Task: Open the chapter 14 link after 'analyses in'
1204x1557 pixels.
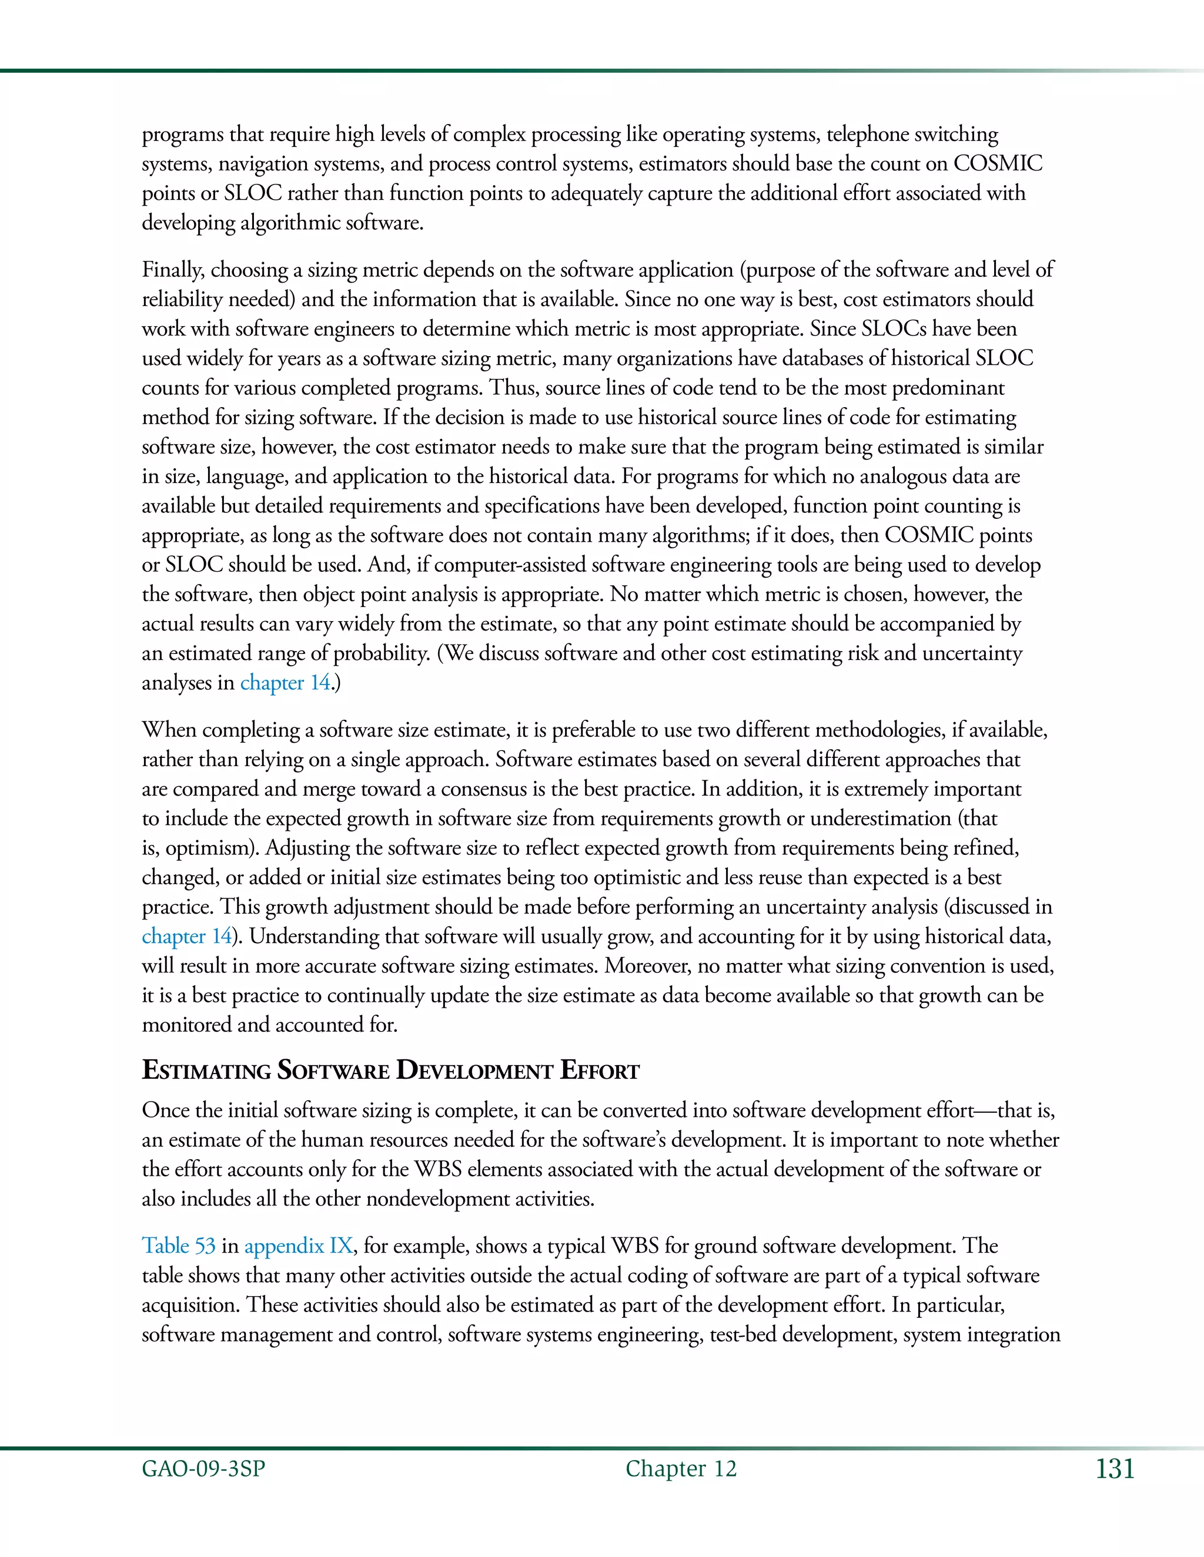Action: (x=285, y=683)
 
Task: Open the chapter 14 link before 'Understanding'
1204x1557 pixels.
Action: (x=187, y=936)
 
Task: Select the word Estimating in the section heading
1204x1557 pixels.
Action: (x=206, y=1071)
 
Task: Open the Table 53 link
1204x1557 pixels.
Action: (x=178, y=1246)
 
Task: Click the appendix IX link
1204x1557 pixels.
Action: (x=298, y=1246)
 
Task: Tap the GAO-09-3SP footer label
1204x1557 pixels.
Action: (x=203, y=1469)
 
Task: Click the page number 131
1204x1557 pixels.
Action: (x=1114, y=1469)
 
